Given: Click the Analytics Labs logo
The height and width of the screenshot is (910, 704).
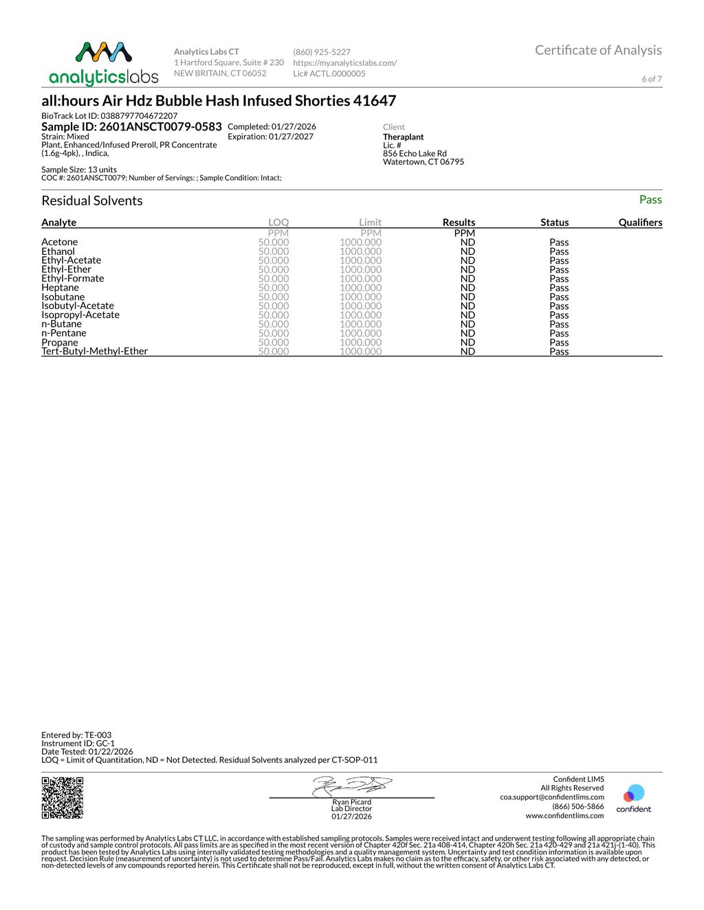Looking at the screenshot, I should [x=104, y=64].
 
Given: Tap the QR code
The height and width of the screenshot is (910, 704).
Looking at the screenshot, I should [x=63, y=797].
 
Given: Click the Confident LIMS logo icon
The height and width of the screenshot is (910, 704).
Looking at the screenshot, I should [x=633, y=795].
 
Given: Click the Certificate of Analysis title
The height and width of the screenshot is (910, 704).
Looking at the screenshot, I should [x=598, y=50].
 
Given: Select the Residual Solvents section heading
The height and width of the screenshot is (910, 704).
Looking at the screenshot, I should [x=92, y=201].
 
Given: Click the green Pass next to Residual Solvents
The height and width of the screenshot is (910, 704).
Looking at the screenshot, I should [x=650, y=200].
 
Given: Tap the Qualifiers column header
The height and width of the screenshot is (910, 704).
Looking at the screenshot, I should [x=640, y=223].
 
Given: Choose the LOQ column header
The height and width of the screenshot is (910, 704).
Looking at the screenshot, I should [x=278, y=223].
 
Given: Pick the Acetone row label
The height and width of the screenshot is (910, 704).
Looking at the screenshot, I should [x=60, y=242].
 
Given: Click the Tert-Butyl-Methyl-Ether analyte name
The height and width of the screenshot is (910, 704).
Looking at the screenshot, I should [x=95, y=351].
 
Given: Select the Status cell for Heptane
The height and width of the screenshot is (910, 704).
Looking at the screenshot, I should [x=559, y=288].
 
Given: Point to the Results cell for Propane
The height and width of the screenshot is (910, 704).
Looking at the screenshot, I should [x=467, y=342].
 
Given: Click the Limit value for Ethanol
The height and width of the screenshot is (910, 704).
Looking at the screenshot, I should [x=360, y=251].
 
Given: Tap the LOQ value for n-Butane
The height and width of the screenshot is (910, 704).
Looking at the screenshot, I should [x=274, y=324].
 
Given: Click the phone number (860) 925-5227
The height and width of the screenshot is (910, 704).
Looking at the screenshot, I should [x=322, y=52].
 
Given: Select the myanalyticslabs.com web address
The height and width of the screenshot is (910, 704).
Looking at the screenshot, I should [x=344, y=63].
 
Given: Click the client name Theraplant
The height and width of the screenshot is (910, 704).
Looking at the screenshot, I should [x=404, y=137].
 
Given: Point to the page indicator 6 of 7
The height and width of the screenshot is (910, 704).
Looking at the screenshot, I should [x=652, y=79].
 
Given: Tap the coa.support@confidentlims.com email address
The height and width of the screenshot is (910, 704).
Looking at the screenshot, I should [x=552, y=797].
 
